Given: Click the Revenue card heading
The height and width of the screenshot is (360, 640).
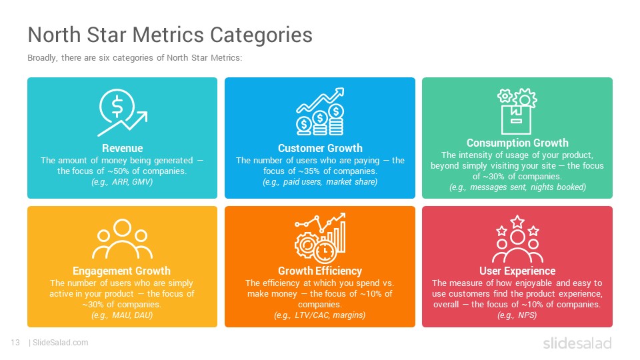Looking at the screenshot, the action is tap(123, 148).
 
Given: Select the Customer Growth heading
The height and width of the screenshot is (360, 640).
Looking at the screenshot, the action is tap(320, 148).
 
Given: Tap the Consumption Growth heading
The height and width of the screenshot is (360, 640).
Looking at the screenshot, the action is tap(517, 143).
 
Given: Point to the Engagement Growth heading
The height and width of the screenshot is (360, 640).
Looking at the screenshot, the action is tap(121, 271).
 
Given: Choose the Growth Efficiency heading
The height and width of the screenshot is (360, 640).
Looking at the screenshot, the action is tap(320, 271).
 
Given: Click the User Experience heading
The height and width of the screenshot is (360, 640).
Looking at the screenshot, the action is tap(517, 271).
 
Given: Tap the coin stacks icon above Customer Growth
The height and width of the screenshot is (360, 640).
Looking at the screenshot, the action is tap(320, 111).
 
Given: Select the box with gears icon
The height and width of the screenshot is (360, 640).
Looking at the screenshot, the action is tap(517, 111).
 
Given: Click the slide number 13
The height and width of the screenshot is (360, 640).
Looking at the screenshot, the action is tap(15, 343).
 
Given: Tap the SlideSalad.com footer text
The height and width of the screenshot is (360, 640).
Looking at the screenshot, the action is tap(60, 343).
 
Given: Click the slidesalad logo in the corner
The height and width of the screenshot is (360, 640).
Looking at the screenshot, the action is tap(577, 343).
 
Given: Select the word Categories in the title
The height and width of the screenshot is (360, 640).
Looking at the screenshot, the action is tap(261, 35).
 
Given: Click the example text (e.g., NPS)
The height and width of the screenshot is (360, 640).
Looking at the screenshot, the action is tap(517, 315).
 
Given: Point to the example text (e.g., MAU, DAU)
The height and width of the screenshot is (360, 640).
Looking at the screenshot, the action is tap(122, 315).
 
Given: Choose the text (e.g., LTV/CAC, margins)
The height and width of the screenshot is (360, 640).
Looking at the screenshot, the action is tap(319, 315).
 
